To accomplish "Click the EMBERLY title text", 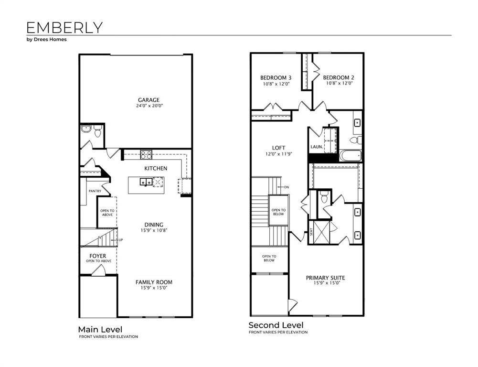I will (64, 27).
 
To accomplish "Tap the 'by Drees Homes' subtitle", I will (46, 40).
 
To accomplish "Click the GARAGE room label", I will (149, 100).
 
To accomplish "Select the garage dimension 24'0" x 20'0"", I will (149, 106).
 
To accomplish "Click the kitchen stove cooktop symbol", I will (146, 154).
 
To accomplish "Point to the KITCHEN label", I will (156, 168).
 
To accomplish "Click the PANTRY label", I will (95, 191).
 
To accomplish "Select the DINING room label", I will (154, 225).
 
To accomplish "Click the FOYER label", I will (98, 256).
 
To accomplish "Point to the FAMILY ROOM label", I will (154, 282).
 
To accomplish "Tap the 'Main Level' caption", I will (100, 329).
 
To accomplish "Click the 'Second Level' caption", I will (276, 325).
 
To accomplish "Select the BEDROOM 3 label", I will (276, 77).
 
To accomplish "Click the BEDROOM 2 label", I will (338, 77).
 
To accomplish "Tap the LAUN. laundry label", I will (316, 147).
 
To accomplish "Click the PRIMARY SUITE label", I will (325, 278).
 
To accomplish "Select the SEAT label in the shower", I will (312, 232).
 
